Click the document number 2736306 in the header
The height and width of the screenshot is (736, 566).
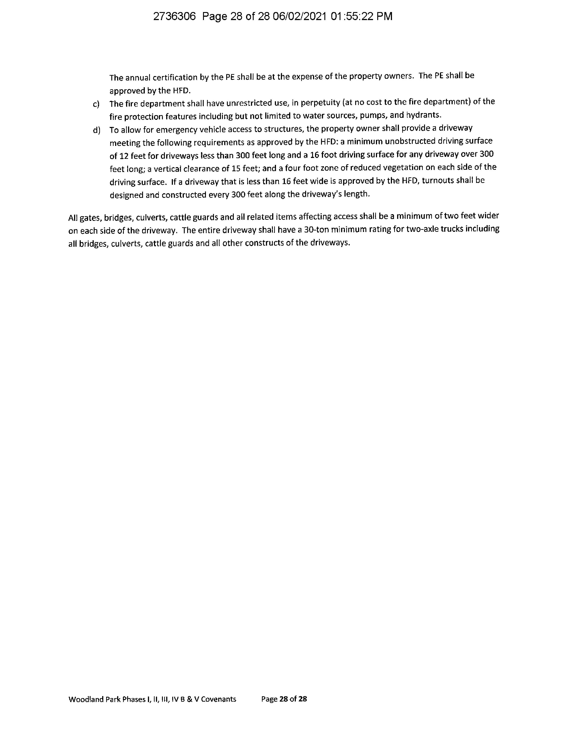(x=174, y=17)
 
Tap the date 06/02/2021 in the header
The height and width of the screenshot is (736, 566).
(x=299, y=17)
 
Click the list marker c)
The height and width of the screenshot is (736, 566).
(x=96, y=104)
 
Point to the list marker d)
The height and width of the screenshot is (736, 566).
(x=96, y=130)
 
